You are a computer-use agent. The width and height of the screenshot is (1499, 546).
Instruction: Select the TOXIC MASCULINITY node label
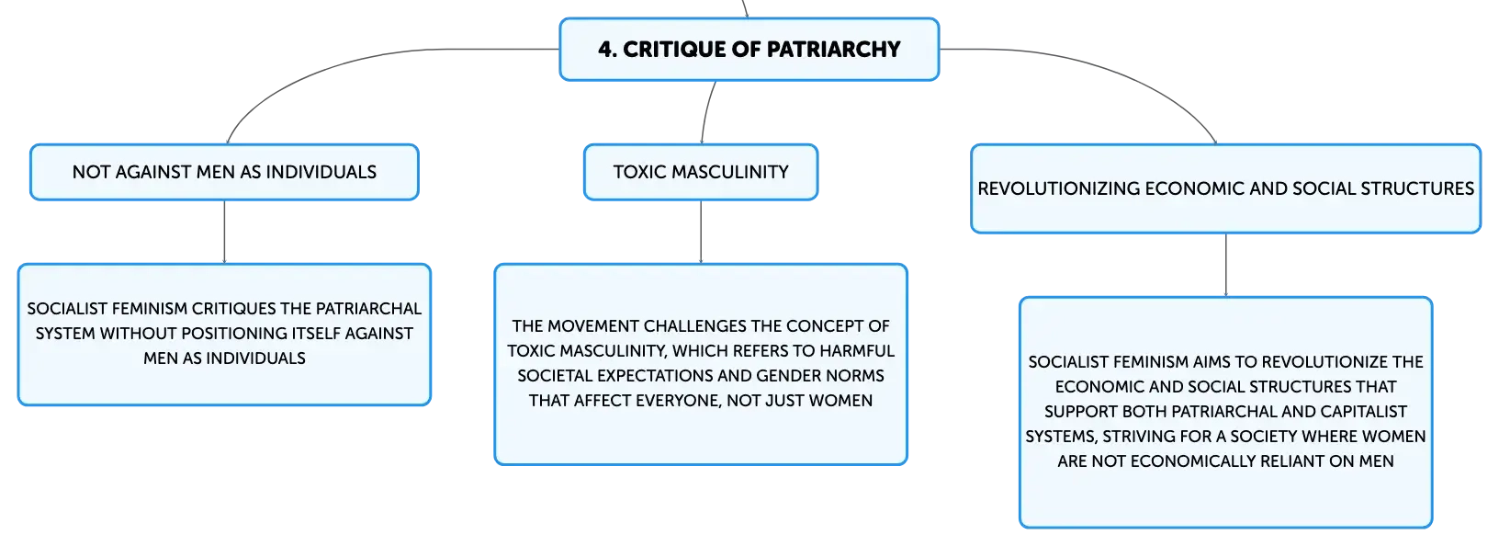(x=701, y=172)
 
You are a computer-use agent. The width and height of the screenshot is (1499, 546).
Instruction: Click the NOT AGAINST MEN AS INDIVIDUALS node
(x=224, y=172)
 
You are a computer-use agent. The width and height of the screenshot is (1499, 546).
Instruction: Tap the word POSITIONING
(x=233, y=334)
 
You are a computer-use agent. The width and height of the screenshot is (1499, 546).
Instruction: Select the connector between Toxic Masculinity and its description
(x=701, y=232)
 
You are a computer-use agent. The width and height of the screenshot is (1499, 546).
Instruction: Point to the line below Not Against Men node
(x=224, y=232)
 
